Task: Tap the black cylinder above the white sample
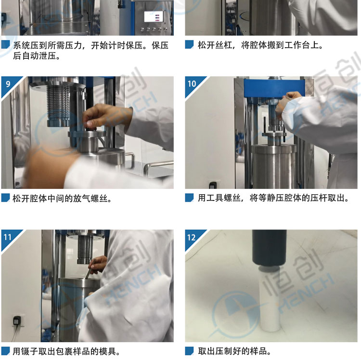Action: (270, 248)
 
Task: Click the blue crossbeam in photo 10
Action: (274, 88)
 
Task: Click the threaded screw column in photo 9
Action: (58, 104)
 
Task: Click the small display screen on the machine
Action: (154, 16)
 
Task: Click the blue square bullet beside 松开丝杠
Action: (189, 44)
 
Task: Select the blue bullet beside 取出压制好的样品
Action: (189, 351)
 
